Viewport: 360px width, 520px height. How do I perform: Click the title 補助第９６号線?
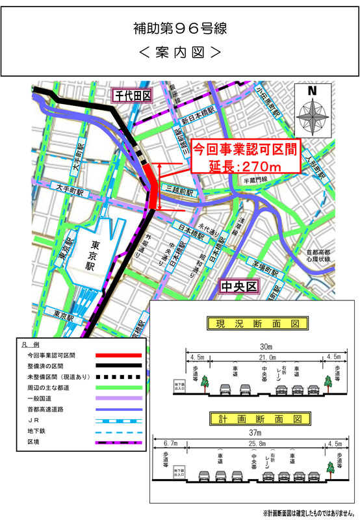pyautogui.click(x=179, y=29)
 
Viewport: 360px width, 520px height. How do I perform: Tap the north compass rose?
pyautogui.click(x=313, y=110)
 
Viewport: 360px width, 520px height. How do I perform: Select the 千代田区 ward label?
pyautogui.click(x=132, y=97)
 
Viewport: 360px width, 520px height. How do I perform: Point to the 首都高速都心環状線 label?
pyautogui.click(x=319, y=255)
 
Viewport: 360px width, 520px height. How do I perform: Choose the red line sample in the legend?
pyautogui.click(x=116, y=356)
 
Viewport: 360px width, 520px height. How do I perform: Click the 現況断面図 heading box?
pyautogui.click(x=251, y=322)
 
